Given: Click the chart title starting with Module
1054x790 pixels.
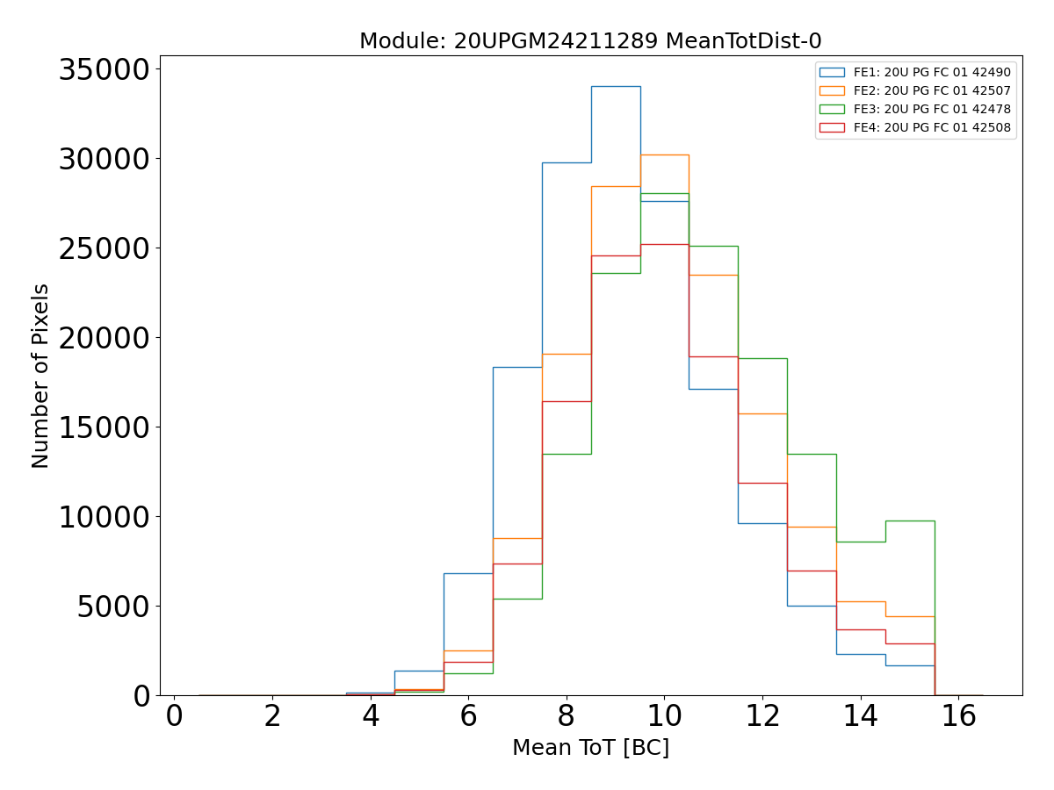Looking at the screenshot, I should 590,41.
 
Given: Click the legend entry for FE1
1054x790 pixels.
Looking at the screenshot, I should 932,72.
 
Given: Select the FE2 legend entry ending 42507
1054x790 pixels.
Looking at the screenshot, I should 932,90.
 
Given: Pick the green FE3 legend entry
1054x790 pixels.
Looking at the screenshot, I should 932,109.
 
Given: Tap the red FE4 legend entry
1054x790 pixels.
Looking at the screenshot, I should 932,127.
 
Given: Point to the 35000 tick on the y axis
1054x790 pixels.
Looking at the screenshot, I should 105,69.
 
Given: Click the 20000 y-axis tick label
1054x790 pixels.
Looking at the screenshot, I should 105,338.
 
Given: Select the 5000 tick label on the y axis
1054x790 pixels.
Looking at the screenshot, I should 114,606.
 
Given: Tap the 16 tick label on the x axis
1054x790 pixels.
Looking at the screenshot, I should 958,716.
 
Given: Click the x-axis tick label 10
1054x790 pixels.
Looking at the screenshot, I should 664,716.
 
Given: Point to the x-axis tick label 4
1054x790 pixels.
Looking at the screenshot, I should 371,716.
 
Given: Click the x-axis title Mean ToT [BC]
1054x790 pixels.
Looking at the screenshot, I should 590,748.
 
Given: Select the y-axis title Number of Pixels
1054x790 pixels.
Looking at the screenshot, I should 41,376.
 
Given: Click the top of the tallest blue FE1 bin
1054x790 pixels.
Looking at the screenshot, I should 616,86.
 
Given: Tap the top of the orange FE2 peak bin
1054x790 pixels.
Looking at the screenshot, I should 664,154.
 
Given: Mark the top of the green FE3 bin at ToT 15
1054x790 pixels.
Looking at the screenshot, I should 910,521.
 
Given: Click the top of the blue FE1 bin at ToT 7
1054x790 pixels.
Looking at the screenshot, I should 517,367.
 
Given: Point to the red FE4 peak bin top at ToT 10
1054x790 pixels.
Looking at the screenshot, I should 664,244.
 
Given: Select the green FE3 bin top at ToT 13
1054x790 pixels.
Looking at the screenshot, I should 812,454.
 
